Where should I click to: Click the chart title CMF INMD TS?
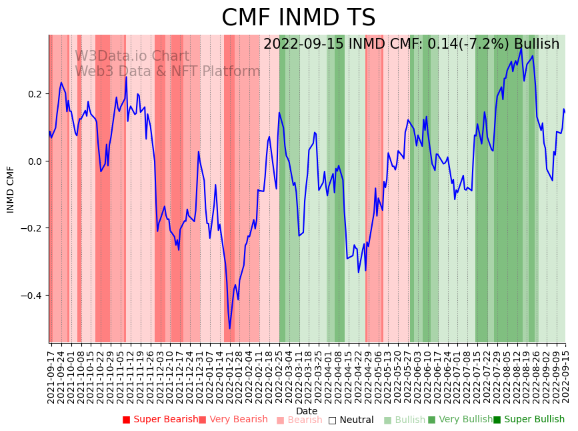coord(298,18)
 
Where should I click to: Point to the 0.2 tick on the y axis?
coord(35,94)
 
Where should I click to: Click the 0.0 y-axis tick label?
coord(35,161)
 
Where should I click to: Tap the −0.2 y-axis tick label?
coord(32,228)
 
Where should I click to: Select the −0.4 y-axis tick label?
coord(32,296)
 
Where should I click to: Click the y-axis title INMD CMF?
coord(11,189)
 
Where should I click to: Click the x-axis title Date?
coord(307,412)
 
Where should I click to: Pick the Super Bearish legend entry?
coord(160,420)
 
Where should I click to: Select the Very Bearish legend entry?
coord(233,420)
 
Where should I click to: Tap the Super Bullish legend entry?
coord(529,420)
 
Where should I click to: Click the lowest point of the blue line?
coord(229,328)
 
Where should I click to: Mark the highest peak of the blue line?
coord(521,47)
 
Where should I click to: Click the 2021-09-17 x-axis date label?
coord(51,374)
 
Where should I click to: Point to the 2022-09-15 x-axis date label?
coord(565,374)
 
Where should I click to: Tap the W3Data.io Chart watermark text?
coord(132,57)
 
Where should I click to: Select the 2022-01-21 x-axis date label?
coord(229,374)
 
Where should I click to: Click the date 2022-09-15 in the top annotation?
coord(304,44)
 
